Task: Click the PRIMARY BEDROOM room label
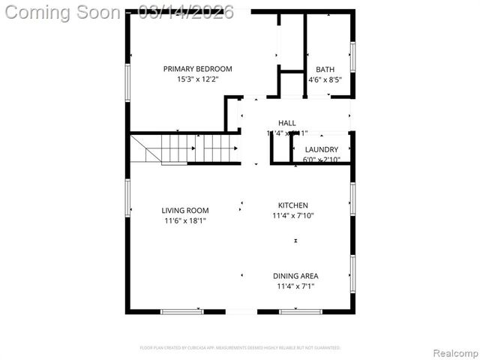pyautogui.click(x=198, y=69)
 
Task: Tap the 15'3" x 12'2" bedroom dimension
pyautogui.click(x=198, y=79)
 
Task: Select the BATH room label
pyautogui.click(x=325, y=69)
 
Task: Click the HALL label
pyautogui.click(x=287, y=123)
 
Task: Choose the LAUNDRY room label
pyautogui.click(x=321, y=149)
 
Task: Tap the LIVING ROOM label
pyautogui.click(x=185, y=211)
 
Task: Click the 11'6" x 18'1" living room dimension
pyautogui.click(x=185, y=220)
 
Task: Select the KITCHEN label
pyautogui.click(x=293, y=205)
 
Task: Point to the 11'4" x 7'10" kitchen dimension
pyautogui.click(x=293, y=215)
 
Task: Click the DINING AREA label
pyautogui.click(x=295, y=276)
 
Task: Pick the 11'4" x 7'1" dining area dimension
pyautogui.click(x=295, y=286)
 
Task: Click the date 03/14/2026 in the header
pyautogui.click(x=192, y=13)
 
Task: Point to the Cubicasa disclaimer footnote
pyautogui.click(x=240, y=348)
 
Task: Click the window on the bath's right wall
pyautogui.click(x=352, y=56)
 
